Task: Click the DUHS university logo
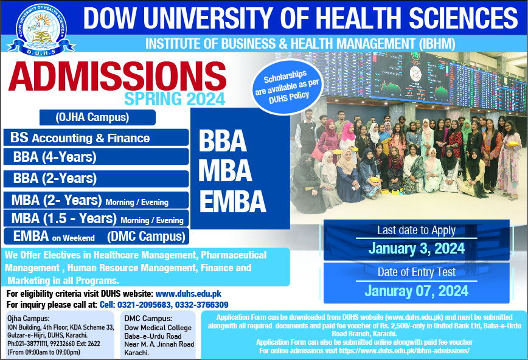coord(41,29)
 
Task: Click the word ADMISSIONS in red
coord(117,76)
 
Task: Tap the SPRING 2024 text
coord(175,99)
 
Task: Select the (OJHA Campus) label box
coord(97,117)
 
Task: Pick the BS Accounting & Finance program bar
coord(96,137)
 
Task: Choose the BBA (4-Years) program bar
coord(96,157)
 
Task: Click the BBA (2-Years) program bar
coord(96,179)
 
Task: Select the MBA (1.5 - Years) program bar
coord(96,218)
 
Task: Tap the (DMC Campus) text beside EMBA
coord(146,237)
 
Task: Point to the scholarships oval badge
coord(287,87)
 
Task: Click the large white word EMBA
coord(232,201)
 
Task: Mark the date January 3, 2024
coord(416,249)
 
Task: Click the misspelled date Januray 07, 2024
coord(416,291)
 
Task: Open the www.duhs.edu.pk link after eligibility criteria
coord(188,294)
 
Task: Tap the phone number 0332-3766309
coord(202,305)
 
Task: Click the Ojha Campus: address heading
coord(28,318)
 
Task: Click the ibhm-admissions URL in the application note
coord(404,350)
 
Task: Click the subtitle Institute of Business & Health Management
coord(300,44)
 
